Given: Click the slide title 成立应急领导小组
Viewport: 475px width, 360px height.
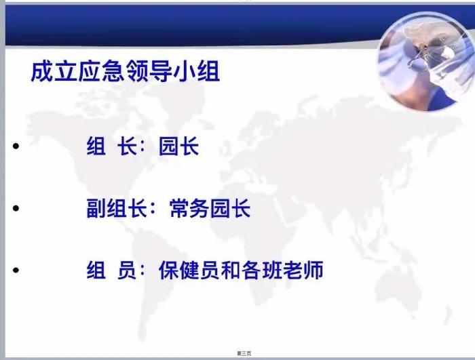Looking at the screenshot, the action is [125, 72].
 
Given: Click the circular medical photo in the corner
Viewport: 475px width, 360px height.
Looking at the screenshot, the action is [426, 61].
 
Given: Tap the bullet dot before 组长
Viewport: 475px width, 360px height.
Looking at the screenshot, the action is [16, 146].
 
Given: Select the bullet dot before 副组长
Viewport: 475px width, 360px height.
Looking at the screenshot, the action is [16, 208].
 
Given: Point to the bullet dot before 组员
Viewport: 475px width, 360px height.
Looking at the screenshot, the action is [16, 270].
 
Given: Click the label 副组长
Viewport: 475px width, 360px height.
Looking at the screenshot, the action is [117, 208].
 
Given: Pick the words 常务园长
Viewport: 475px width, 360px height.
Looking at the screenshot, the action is [210, 208].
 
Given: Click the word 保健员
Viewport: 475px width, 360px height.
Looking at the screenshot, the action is [189, 270].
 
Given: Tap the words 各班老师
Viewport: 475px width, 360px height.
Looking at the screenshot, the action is [283, 270].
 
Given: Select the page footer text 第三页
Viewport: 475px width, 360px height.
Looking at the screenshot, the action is [244, 353].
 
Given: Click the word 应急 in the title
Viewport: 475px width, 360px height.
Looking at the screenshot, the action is [102, 72].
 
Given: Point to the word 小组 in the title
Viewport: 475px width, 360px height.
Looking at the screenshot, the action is [197, 72].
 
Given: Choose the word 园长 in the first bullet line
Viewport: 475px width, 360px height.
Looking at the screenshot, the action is [178, 146].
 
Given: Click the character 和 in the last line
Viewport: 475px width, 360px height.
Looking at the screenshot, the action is [231, 270].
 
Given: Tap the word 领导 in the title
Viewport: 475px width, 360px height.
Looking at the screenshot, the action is [149, 72].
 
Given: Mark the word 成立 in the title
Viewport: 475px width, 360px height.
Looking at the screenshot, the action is [54, 72].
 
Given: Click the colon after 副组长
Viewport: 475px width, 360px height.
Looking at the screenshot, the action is [152, 209].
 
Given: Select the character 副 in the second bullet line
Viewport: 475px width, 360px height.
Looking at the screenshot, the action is [96, 208].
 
